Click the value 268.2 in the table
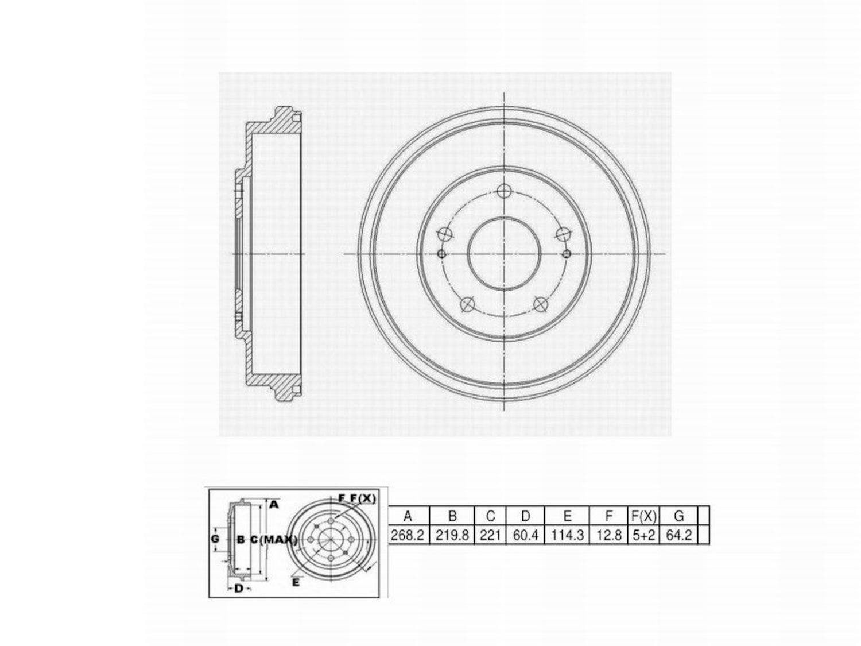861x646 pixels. (407, 535)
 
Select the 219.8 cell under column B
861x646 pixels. (452, 535)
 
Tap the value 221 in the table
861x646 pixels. (490, 535)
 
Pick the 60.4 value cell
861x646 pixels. (525, 535)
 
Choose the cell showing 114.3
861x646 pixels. (567, 535)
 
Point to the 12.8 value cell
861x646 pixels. (608, 535)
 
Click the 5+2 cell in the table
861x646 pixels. (644, 535)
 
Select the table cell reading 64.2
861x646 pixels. (678, 535)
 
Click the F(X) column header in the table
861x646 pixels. (644, 516)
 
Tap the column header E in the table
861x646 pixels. (567, 516)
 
